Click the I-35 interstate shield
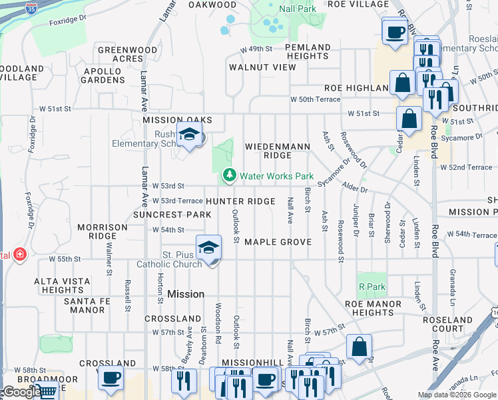[x=31, y=8]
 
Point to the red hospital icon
[x=19, y=255]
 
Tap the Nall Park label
[x=298, y=9]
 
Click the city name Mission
[x=186, y=294]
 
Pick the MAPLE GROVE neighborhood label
[x=278, y=242]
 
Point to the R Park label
[x=372, y=287]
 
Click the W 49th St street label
[x=257, y=49]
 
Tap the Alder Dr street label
[x=352, y=189]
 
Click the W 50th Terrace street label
[x=315, y=99]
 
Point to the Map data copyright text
[x=456, y=395]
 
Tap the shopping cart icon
[x=45, y=392]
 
